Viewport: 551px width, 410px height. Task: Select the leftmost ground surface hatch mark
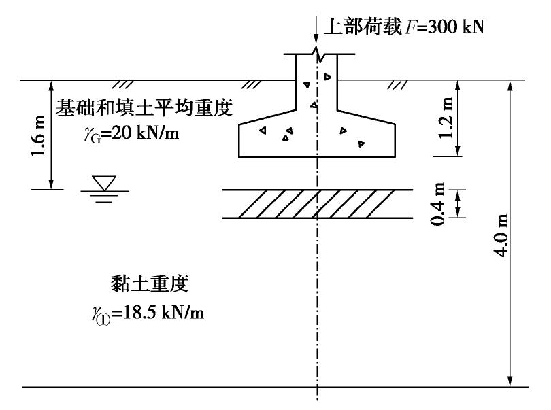123,85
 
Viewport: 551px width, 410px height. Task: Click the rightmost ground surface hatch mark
395,85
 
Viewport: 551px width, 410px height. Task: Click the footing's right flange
367,136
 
